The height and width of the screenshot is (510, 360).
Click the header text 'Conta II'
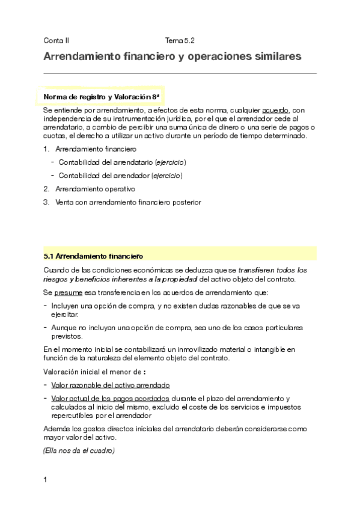56,41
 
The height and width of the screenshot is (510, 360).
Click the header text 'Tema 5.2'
180,41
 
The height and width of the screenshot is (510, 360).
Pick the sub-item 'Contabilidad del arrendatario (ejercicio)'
122,162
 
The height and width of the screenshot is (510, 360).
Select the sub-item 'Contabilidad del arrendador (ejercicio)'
120,176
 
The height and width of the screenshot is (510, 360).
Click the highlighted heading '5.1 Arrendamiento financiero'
93,255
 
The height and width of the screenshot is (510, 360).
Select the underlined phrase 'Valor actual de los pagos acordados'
111,398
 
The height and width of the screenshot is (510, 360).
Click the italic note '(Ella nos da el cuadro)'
79,450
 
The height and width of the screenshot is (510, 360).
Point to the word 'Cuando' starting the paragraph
56,270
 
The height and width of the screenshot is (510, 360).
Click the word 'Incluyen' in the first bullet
66,306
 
